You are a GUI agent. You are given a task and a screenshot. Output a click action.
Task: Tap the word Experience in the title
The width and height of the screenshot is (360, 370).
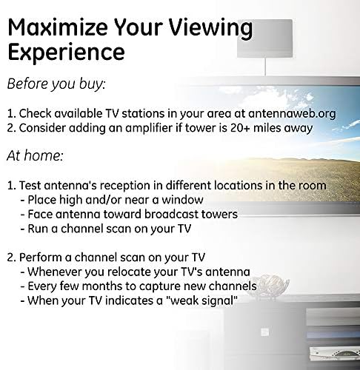point(66,53)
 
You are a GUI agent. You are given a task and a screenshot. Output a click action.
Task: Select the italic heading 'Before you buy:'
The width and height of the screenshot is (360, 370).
point(56,84)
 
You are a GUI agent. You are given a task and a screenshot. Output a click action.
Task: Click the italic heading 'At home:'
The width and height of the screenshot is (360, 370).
point(35,155)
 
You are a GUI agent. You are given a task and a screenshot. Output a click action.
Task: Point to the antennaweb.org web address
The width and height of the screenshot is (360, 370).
point(292,114)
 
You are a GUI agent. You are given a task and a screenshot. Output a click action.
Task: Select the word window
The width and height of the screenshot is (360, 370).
point(182,200)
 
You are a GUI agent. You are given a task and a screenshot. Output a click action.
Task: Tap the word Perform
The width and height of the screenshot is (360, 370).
point(40,258)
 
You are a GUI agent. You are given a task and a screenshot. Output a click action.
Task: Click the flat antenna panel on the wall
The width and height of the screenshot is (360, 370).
point(264,38)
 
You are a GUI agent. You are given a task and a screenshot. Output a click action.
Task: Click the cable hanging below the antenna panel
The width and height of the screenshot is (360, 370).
point(265,67)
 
